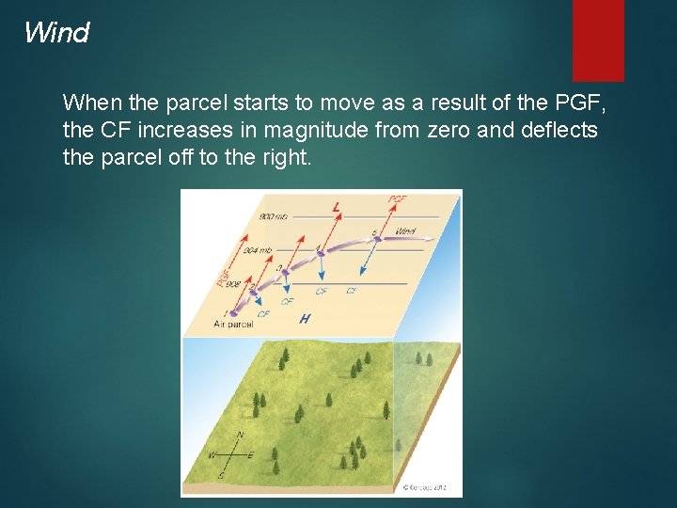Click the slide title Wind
pyautogui.click(x=56, y=33)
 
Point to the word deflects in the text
pyautogui.click(x=559, y=130)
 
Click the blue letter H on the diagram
pyautogui.click(x=304, y=319)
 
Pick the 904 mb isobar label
pyautogui.click(x=258, y=250)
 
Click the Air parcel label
pyautogui.click(x=234, y=324)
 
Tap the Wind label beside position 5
pyautogui.click(x=405, y=230)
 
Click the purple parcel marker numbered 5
pyautogui.click(x=377, y=239)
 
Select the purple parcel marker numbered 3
pyautogui.click(x=284, y=274)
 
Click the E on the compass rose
pyautogui.click(x=251, y=455)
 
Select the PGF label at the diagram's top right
pyautogui.click(x=399, y=199)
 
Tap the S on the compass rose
pyautogui.click(x=220, y=475)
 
